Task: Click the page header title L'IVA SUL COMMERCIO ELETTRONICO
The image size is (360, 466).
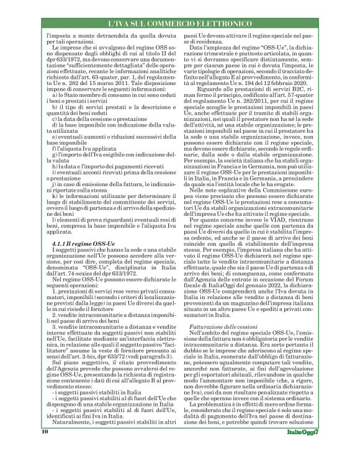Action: (x=180, y=24)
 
